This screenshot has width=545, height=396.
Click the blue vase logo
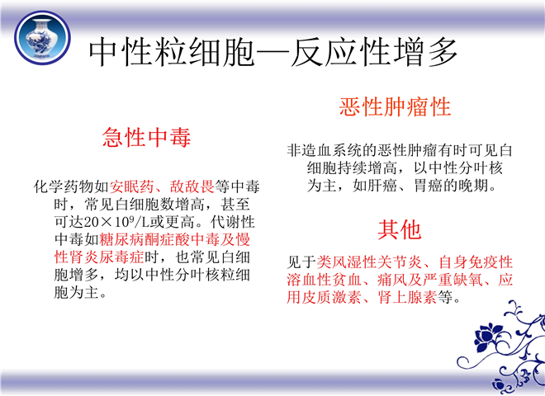point(42,37)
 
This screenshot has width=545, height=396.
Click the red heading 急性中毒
point(146,137)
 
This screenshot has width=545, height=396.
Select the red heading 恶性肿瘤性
point(395,106)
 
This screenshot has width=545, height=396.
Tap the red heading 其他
point(400,229)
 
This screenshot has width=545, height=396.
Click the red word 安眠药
point(132,186)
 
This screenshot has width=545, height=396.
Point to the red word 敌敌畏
point(192,186)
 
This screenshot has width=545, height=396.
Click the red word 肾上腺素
point(407,297)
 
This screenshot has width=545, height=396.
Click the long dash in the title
point(272,53)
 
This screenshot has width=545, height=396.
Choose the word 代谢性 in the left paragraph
point(233,222)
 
